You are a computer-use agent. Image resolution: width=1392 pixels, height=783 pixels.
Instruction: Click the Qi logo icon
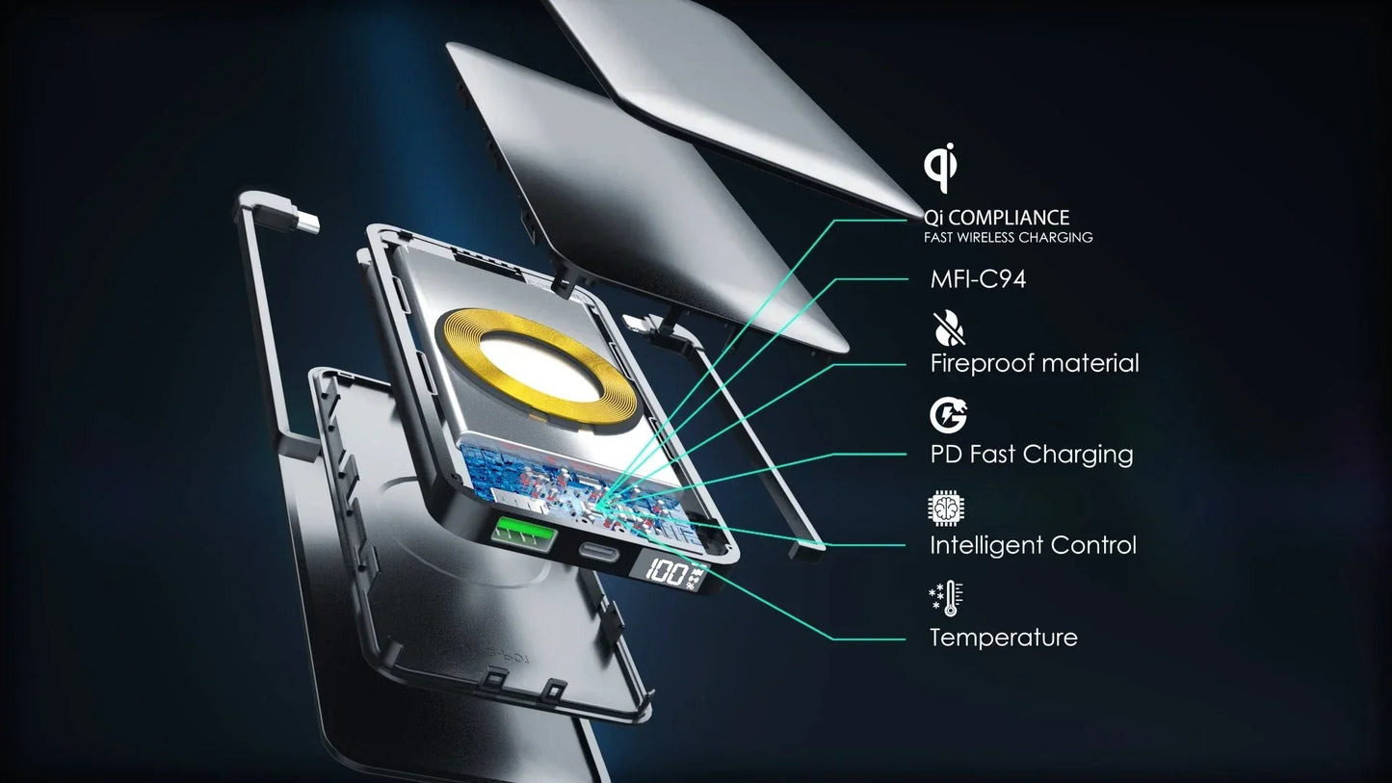click(940, 168)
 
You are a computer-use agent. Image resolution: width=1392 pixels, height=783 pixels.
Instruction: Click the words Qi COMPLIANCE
click(996, 218)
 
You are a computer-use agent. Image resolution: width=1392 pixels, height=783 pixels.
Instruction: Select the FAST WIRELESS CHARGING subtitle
click(1008, 237)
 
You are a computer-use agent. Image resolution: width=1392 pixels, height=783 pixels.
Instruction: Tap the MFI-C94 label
click(978, 279)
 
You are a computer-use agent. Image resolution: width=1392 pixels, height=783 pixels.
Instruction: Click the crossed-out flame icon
click(949, 328)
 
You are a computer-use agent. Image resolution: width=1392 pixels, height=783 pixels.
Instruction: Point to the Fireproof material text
click(1035, 363)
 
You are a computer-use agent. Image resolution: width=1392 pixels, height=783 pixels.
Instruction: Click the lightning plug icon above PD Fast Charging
click(948, 416)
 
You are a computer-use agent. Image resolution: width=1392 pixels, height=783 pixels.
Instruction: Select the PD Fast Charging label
click(1032, 455)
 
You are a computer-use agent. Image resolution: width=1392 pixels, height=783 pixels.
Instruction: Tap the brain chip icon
click(946, 508)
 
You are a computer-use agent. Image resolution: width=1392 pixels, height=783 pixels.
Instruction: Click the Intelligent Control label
click(1033, 545)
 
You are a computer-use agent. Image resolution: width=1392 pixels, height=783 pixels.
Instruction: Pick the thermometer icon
click(946, 599)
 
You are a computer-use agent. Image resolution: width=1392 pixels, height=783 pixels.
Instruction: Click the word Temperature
click(1004, 638)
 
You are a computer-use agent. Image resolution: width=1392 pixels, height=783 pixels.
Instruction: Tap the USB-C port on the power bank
click(599, 551)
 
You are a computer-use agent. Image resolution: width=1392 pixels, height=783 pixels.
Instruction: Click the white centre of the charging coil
click(538, 367)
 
